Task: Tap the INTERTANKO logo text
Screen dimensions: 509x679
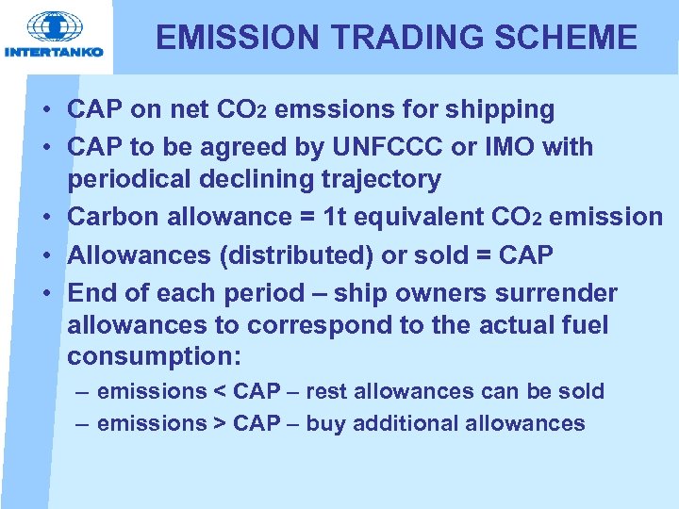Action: pyautogui.click(x=54, y=53)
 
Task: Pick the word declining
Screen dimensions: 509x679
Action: pyautogui.click(x=249, y=179)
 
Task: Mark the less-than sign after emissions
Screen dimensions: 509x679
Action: pyautogui.click(x=219, y=391)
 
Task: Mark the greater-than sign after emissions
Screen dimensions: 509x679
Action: pyautogui.click(x=219, y=423)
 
